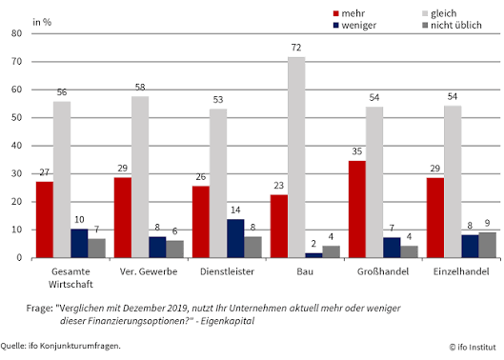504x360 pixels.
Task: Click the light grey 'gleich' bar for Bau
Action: (x=296, y=157)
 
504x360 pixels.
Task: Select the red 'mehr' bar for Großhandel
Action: (x=357, y=210)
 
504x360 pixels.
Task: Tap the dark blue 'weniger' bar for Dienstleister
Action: (x=235, y=238)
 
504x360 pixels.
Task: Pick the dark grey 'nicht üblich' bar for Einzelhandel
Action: (x=487, y=246)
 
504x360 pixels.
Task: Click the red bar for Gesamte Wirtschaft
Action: (x=45, y=220)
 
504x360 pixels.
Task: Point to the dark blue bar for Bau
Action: (x=313, y=255)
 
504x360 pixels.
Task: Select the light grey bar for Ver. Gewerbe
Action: (x=140, y=177)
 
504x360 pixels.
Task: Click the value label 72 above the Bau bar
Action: (x=296, y=48)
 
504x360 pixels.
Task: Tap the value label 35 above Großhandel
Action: (x=356, y=151)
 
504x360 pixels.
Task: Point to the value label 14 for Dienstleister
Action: (x=235, y=210)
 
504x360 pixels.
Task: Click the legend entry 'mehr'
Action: (x=349, y=13)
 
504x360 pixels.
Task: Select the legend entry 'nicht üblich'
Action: (x=452, y=25)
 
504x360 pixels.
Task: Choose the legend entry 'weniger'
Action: (x=354, y=26)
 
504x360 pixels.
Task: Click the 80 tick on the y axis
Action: (x=17, y=33)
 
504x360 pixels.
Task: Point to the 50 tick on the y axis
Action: (x=17, y=118)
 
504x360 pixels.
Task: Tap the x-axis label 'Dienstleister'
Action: (x=228, y=271)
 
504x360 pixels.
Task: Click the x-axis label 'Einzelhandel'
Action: (x=461, y=271)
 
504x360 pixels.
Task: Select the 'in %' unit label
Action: (x=42, y=22)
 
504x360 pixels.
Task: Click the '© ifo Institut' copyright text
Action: (x=473, y=347)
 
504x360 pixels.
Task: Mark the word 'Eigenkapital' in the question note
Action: (x=228, y=321)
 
